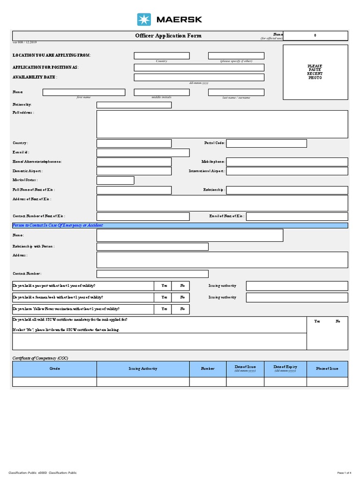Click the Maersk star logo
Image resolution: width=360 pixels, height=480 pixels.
[144, 19]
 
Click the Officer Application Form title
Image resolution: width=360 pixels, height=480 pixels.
[162, 36]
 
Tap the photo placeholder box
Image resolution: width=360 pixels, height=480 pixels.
[315, 72]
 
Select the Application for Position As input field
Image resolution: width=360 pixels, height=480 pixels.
[199, 67]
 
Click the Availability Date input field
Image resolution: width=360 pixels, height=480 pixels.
[199, 77]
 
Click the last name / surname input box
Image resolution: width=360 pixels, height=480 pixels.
[236, 92]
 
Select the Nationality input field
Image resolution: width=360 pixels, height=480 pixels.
[134, 105]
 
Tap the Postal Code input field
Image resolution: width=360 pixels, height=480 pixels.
[266, 143]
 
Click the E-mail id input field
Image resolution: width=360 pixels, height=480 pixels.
[143, 153]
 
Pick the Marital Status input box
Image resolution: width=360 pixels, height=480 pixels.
[115, 180]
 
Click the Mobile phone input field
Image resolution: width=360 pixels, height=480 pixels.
[287, 162]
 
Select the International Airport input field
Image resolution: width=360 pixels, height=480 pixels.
[287, 171]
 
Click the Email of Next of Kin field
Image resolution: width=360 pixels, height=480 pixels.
[297, 216]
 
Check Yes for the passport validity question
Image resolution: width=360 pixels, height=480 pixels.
[164, 285]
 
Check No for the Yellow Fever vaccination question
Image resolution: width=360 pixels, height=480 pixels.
[182, 309]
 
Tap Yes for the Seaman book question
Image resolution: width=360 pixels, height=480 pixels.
[164, 297]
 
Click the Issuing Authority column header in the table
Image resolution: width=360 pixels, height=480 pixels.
[143, 368]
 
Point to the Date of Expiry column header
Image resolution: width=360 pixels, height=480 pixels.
[285, 368]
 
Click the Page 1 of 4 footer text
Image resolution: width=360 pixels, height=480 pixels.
[347, 472]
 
